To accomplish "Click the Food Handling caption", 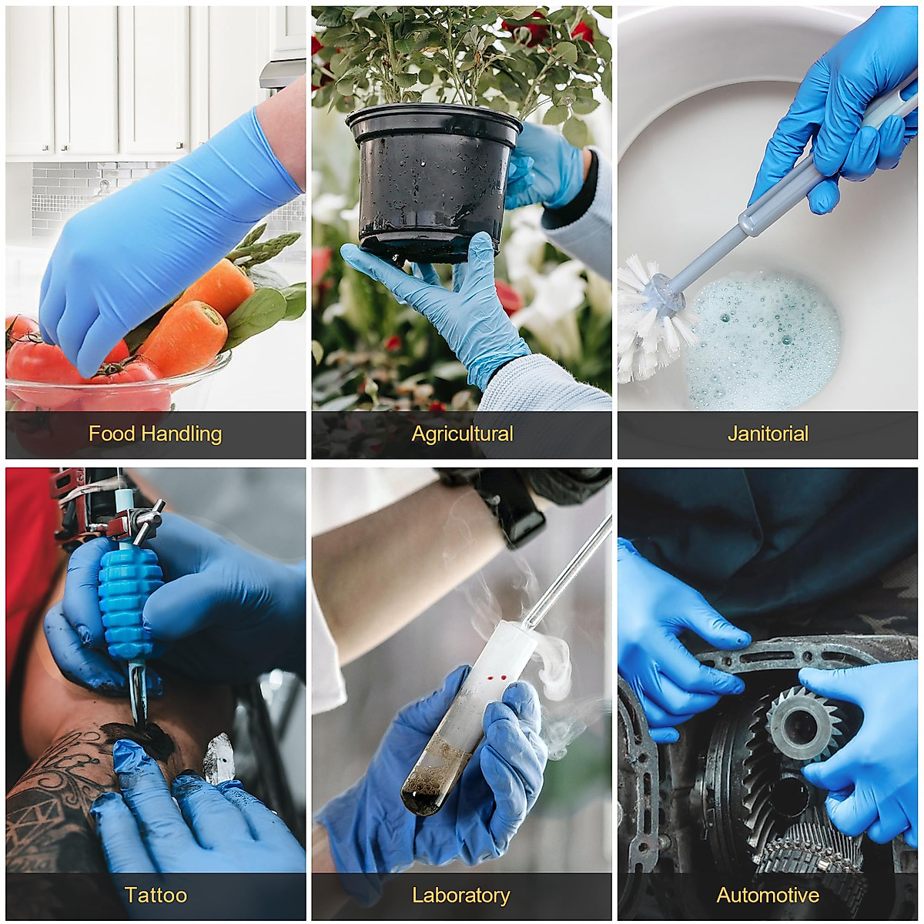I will coord(155,434).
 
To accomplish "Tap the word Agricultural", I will coord(461,434).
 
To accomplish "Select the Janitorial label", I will coord(768,434).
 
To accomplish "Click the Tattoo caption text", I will coord(156,896).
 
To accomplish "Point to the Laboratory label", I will coord(460,896).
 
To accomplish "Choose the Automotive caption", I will coord(768,896).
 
